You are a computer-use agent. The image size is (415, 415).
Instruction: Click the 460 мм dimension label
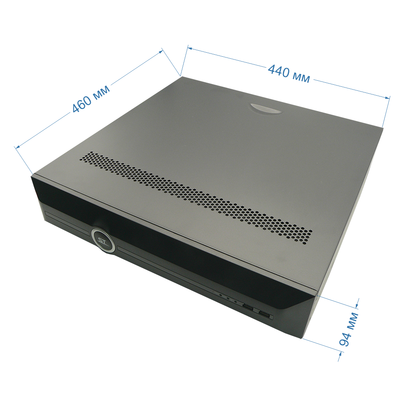coord(91,98)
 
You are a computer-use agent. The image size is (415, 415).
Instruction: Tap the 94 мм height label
coord(349,329)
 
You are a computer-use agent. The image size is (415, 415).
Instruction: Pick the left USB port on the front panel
coord(248,307)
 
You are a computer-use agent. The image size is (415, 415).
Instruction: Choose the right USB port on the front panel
coord(265,315)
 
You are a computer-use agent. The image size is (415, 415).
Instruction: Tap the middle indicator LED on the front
coord(228,298)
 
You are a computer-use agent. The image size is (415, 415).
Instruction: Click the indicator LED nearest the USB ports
coord(235,301)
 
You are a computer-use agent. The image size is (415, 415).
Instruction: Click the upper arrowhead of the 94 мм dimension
coord(357,306)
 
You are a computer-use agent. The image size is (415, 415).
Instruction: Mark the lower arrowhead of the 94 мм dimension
coord(340,354)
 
